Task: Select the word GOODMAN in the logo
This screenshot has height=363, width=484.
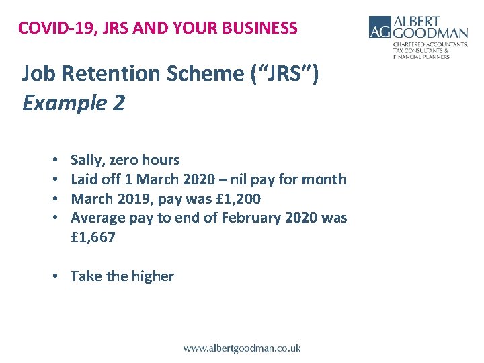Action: click(x=431, y=33)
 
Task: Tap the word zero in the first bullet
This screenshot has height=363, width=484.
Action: click(x=128, y=160)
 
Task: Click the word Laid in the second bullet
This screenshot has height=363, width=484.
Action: click(x=85, y=179)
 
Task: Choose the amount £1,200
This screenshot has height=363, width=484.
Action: click(x=236, y=199)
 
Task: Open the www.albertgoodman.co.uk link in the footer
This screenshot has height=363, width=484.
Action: click(x=242, y=348)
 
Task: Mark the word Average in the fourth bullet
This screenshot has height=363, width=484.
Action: click(x=96, y=218)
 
